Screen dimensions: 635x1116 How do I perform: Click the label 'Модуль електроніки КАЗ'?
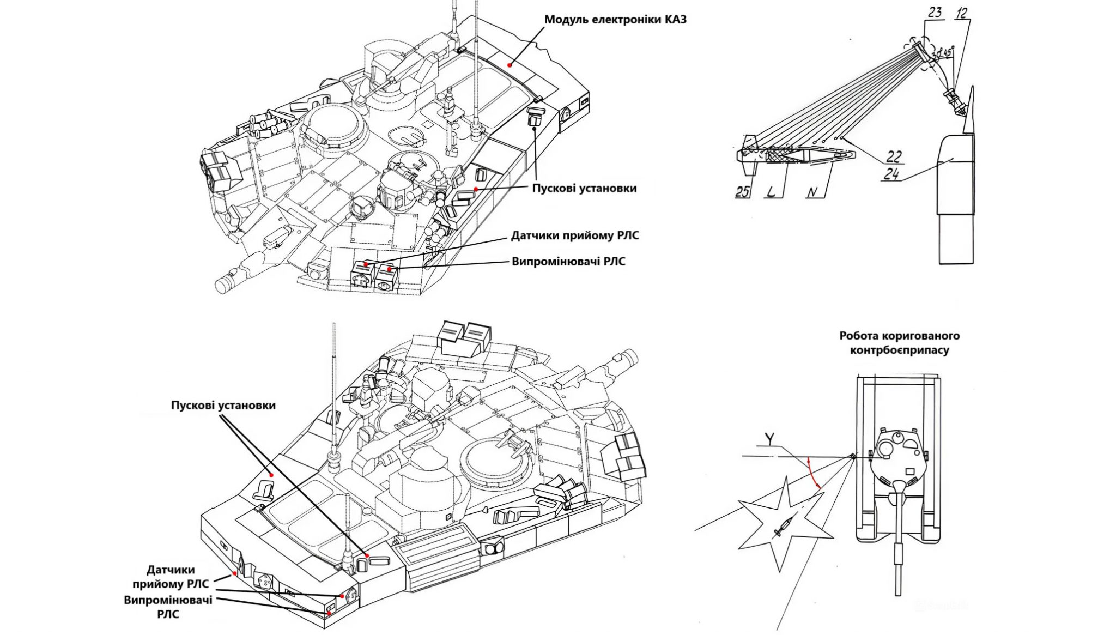(x=616, y=20)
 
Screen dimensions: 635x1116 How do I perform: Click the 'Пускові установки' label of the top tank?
(x=584, y=188)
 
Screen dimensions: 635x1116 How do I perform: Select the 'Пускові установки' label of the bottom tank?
(x=223, y=406)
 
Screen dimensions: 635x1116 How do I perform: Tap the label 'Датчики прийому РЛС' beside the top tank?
(x=575, y=235)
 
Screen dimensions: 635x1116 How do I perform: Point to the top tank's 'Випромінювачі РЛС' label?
(x=568, y=261)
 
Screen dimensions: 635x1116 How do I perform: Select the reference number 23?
(x=935, y=12)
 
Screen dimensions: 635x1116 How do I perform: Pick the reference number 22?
(x=894, y=156)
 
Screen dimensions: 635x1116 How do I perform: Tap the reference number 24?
(x=891, y=174)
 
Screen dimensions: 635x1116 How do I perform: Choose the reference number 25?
(x=742, y=191)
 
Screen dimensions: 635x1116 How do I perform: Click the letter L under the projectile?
(x=771, y=191)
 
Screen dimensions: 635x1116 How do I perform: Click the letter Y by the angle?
(x=769, y=438)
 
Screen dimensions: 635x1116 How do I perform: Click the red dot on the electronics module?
(x=510, y=64)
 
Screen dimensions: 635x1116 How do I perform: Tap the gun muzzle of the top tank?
(x=224, y=285)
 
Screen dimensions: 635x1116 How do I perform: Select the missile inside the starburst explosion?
(x=783, y=528)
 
